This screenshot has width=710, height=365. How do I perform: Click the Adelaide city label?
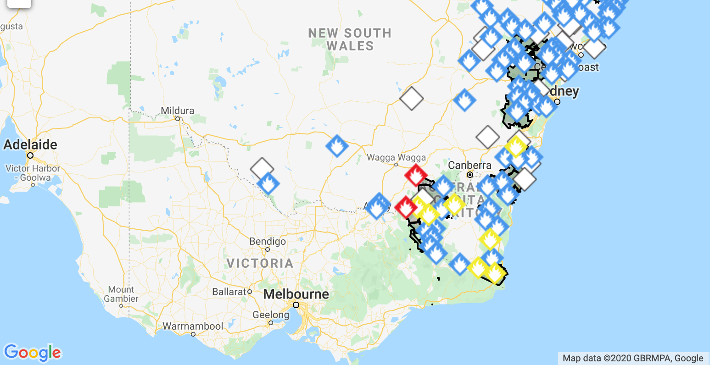pyautogui.click(x=30, y=145)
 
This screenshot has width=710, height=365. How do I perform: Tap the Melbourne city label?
pyautogui.click(x=296, y=294)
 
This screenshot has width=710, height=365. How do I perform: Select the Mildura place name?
pyautogui.click(x=178, y=111)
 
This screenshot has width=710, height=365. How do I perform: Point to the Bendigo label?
pyautogui.click(x=268, y=242)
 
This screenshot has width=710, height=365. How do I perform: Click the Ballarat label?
pyautogui.click(x=229, y=292)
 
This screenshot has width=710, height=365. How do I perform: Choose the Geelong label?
pyautogui.click(x=271, y=315)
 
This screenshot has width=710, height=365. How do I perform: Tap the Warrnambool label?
pyautogui.click(x=193, y=326)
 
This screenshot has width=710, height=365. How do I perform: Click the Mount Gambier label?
pyautogui.click(x=121, y=294)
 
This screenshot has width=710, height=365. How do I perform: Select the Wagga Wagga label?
pyautogui.click(x=396, y=158)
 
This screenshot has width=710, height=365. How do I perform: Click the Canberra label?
pyautogui.click(x=470, y=165)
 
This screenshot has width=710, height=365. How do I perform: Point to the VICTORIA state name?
pyautogui.click(x=260, y=263)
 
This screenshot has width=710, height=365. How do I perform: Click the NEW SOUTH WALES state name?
pyautogui.click(x=350, y=39)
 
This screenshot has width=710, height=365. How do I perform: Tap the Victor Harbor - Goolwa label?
pyautogui.click(x=33, y=173)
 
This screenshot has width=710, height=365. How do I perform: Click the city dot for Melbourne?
pyautogui.click(x=296, y=305)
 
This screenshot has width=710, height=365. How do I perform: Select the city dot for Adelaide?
pyautogui.click(x=30, y=155)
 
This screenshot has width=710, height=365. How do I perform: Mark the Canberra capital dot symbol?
pyautogui.click(x=470, y=175)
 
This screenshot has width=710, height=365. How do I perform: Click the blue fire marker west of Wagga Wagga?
pyautogui.click(x=337, y=146)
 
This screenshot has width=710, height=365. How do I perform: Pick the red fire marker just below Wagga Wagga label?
pyautogui.click(x=416, y=175)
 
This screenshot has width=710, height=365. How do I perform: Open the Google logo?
pyautogui.click(x=32, y=353)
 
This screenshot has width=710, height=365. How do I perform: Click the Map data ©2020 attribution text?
pyautogui.click(x=633, y=359)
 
